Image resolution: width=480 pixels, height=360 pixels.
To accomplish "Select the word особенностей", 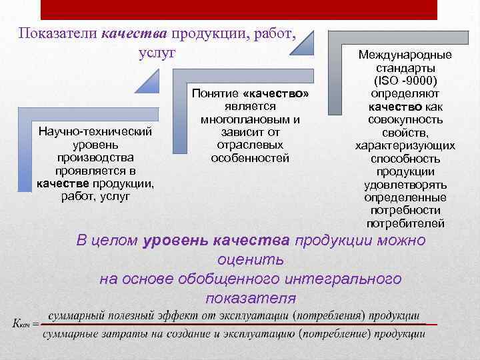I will [250, 158].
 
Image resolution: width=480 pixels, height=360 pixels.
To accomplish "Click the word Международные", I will [405, 55].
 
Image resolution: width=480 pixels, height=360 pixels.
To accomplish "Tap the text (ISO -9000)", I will [405, 81].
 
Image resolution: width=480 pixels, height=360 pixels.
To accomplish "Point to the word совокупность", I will [405, 119].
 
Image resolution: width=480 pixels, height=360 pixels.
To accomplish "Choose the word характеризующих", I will [405, 145].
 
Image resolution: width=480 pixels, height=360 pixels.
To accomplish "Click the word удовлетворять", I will [405, 184].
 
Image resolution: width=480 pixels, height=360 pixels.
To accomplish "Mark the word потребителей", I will [405, 223].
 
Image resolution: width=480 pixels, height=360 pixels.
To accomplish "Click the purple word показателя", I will [250, 297].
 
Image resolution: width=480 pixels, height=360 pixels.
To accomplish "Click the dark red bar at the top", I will [239, 9].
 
